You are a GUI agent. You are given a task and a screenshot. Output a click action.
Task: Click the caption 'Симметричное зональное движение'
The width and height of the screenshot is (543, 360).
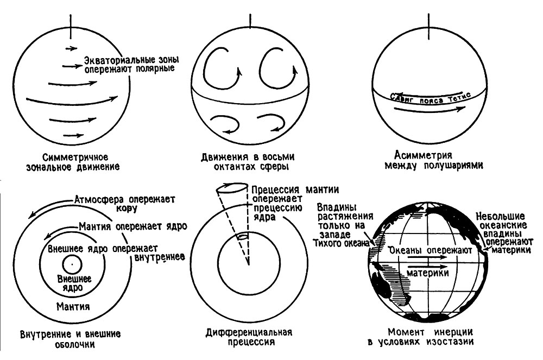73,162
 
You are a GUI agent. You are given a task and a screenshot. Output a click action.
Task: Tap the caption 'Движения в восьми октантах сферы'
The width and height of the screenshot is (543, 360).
248,162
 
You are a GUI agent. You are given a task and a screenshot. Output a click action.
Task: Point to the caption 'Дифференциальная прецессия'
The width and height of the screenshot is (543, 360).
249,337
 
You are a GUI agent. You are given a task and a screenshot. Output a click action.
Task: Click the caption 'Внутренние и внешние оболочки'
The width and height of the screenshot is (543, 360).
71,339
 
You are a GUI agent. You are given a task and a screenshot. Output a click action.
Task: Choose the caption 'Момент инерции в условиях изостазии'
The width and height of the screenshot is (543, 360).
431,337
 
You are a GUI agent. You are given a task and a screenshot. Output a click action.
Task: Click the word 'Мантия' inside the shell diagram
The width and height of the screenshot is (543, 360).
73,307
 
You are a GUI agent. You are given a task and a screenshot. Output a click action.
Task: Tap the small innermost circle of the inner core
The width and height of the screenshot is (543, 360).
72,265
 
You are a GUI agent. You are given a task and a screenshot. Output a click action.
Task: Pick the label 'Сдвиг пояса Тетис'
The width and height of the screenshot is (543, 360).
431,98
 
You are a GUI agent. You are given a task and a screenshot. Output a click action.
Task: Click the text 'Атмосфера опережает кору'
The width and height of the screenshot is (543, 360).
125,204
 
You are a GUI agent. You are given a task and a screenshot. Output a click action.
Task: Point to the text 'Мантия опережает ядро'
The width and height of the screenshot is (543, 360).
133,226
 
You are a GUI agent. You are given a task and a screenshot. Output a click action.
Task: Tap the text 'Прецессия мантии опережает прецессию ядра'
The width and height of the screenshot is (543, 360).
295,204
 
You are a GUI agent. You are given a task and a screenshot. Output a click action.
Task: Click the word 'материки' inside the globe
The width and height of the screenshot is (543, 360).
428,273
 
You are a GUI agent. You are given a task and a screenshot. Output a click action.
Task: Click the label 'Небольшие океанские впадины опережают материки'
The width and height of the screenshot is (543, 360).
503,233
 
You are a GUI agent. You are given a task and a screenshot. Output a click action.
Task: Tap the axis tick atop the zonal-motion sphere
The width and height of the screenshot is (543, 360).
71,27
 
